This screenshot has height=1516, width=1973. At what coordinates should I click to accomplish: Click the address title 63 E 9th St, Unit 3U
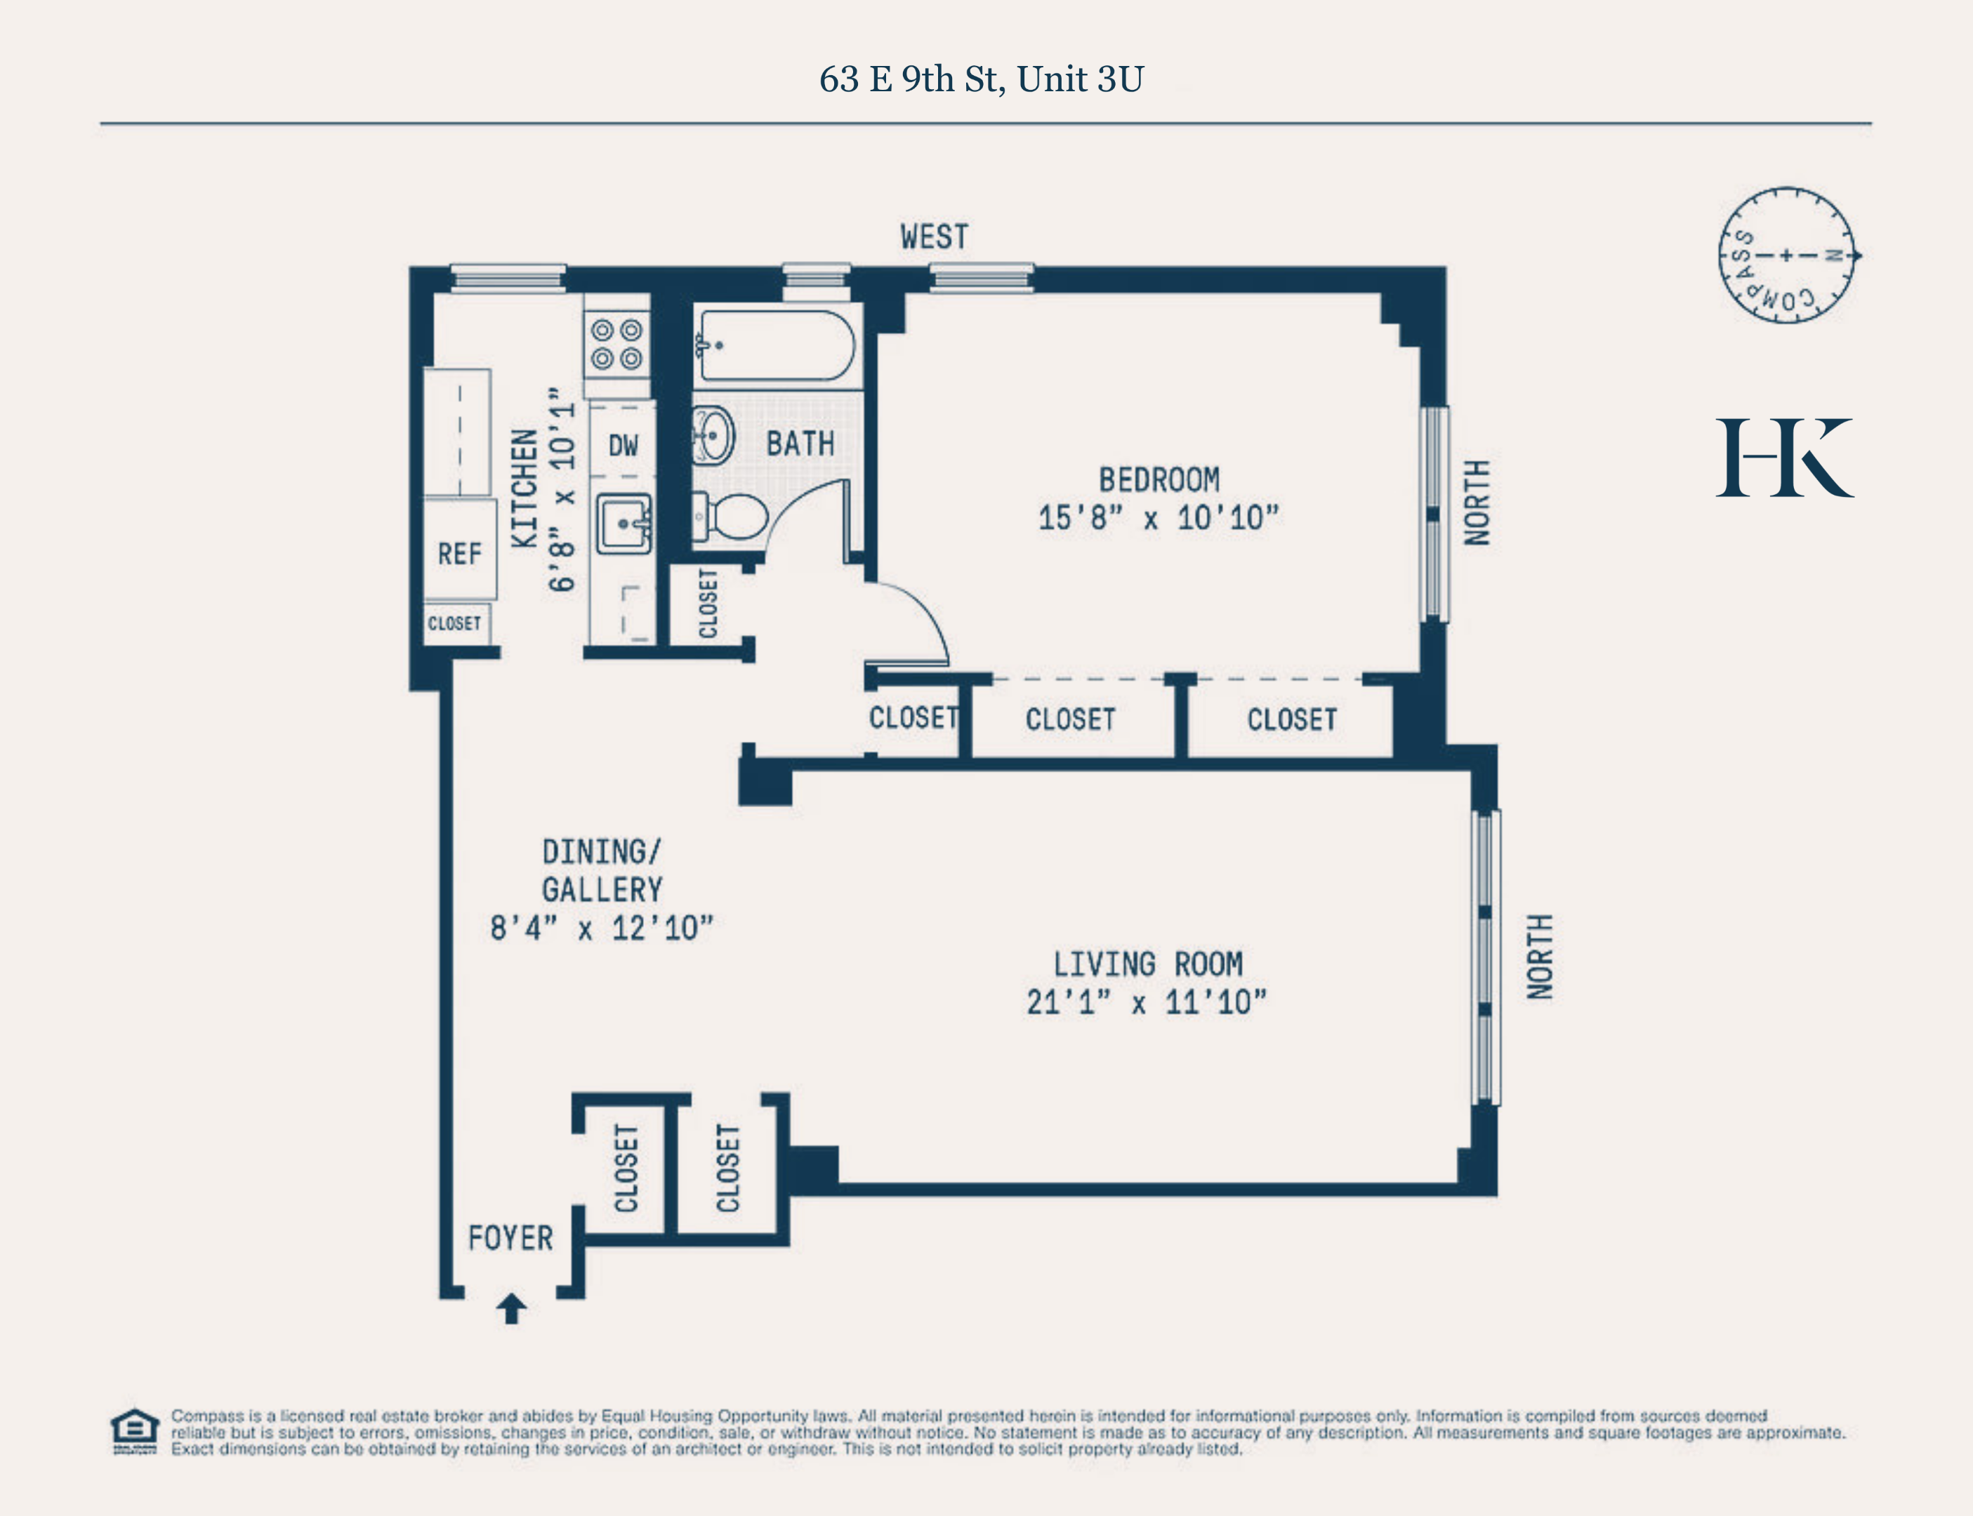click(x=981, y=79)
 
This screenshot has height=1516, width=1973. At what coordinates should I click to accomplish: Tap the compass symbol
click(x=1786, y=255)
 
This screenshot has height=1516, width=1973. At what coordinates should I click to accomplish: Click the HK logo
click(x=1784, y=458)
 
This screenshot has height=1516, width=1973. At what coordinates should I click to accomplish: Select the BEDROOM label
click(x=1159, y=479)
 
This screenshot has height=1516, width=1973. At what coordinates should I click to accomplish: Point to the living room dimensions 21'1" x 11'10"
click(x=1147, y=1002)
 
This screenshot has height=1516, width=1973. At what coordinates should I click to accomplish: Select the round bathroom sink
click(x=714, y=435)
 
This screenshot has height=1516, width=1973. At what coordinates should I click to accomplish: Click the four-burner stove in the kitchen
click(x=616, y=345)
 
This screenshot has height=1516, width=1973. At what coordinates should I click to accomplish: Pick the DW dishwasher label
click(x=623, y=445)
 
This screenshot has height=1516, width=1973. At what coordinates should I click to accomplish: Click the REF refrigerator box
click(x=459, y=553)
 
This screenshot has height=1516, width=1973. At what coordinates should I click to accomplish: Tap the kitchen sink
click(x=623, y=522)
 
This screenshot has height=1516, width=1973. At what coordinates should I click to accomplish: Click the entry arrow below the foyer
click(x=512, y=1308)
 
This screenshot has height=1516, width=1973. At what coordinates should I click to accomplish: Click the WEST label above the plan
click(x=934, y=237)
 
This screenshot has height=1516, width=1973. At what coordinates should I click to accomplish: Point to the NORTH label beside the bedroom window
click(x=1477, y=503)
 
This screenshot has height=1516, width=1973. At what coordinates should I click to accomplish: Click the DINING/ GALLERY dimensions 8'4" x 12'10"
click(x=601, y=929)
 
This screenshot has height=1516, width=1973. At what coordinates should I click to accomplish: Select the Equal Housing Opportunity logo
click(x=135, y=1430)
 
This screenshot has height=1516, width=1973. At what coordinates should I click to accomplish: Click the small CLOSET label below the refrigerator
click(x=454, y=623)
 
